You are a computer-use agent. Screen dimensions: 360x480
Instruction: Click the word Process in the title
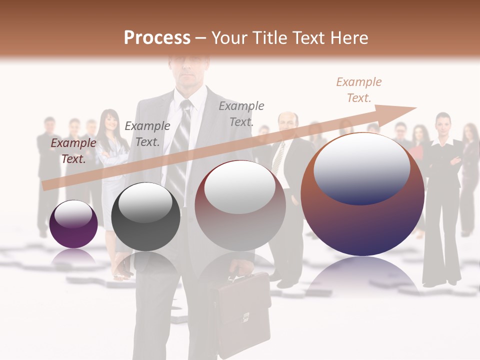pyautogui.click(x=157, y=38)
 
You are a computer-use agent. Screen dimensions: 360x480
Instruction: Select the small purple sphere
pyautogui.click(x=73, y=224)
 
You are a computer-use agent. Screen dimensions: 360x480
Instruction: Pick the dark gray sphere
pyautogui.click(x=145, y=216)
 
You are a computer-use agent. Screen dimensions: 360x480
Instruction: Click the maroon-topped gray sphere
pyautogui.click(x=240, y=205)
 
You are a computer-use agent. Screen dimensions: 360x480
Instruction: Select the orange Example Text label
pyautogui.click(x=359, y=90)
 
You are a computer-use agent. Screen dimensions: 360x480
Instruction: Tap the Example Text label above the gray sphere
pyautogui.click(x=147, y=133)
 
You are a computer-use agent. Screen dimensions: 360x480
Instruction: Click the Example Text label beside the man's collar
pyautogui.click(x=241, y=113)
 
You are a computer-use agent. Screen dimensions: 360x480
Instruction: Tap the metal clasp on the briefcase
pyautogui.click(x=245, y=316)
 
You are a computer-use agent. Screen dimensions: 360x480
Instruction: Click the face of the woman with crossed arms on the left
pyautogui.click(x=109, y=121)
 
